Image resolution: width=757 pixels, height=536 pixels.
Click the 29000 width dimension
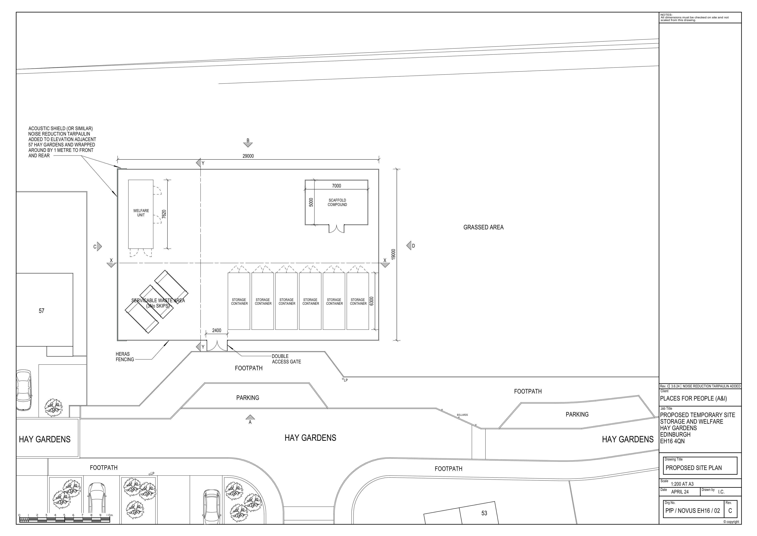[x=248, y=156]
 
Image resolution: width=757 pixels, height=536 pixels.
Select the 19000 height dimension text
[x=393, y=254]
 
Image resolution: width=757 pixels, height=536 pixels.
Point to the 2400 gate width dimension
[x=217, y=330]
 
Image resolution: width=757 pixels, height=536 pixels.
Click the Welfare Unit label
[x=141, y=213]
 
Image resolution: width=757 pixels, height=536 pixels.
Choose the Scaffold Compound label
[x=337, y=202]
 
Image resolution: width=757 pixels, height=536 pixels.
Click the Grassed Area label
[x=483, y=227]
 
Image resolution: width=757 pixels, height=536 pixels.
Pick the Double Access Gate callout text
[x=286, y=359]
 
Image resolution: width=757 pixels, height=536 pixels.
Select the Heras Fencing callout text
[x=125, y=357]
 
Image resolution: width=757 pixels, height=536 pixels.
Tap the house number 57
[x=42, y=311]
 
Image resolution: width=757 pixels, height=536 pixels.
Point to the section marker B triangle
[x=248, y=145]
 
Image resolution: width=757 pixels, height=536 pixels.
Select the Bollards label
[x=462, y=415]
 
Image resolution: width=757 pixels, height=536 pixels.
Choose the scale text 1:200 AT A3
[x=682, y=484]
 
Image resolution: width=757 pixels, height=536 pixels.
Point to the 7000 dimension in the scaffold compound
[x=336, y=186]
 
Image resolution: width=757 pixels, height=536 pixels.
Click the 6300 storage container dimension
[x=372, y=301]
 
